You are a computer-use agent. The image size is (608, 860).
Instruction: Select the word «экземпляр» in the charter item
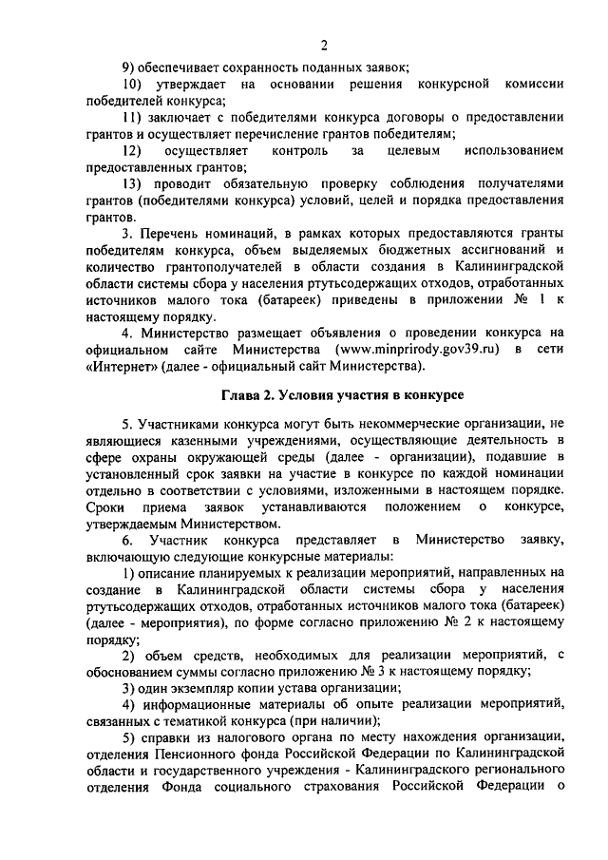(x=202, y=687)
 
